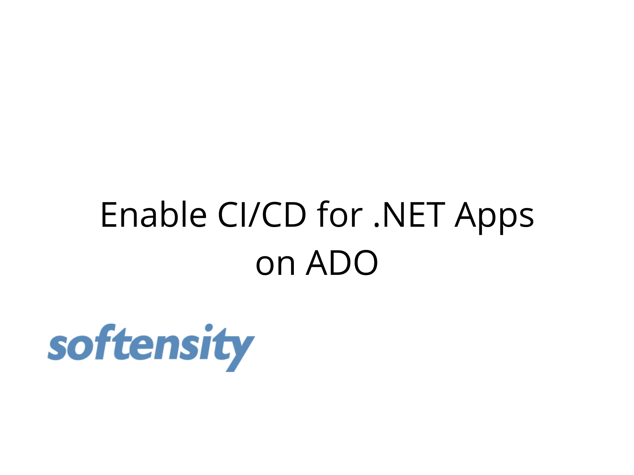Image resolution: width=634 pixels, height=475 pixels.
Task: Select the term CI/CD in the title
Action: tap(262, 214)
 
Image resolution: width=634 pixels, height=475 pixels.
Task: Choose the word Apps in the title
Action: tap(494, 217)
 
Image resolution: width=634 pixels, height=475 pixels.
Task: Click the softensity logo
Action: tap(151, 347)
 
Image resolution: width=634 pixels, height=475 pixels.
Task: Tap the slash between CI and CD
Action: tap(255, 215)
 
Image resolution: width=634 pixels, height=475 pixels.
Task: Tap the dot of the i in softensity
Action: tap(209, 327)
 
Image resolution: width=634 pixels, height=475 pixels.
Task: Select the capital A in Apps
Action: tap(467, 215)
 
